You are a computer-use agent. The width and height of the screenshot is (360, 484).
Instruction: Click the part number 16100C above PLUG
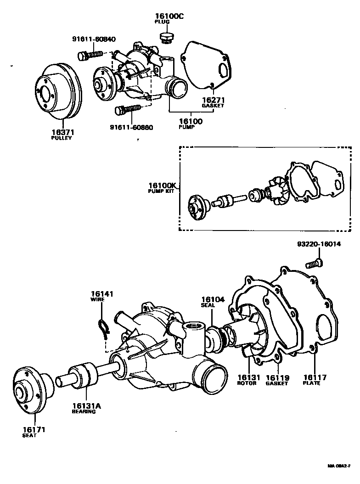pos(168,15)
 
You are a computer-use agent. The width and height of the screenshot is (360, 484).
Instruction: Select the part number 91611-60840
pos(94,39)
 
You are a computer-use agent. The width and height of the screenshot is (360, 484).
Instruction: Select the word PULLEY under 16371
pos(61,138)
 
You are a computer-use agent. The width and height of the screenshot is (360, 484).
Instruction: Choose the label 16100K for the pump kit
pos(161,186)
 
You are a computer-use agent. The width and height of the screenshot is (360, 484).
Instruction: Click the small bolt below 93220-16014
pos(314,264)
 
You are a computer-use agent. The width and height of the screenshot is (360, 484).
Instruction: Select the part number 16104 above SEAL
pos(212,299)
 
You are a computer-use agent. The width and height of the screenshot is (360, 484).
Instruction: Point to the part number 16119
pos(277,378)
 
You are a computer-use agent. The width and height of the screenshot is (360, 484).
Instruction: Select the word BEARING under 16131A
pos(84,411)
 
